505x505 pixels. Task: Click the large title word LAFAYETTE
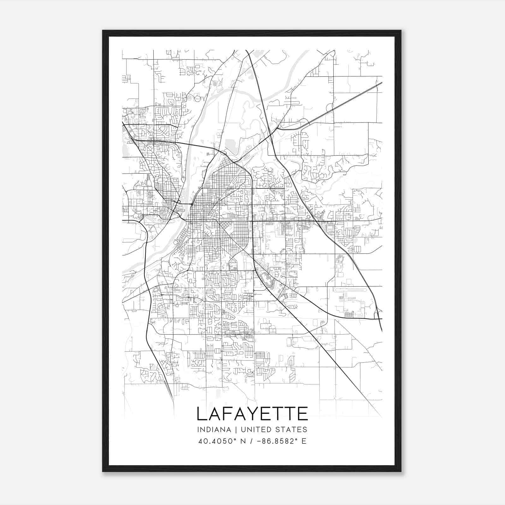tap(252, 414)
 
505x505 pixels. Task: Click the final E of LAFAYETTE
tap(303, 414)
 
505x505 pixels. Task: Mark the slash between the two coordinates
tap(251, 441)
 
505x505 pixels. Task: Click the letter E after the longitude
tap(304, 441)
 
